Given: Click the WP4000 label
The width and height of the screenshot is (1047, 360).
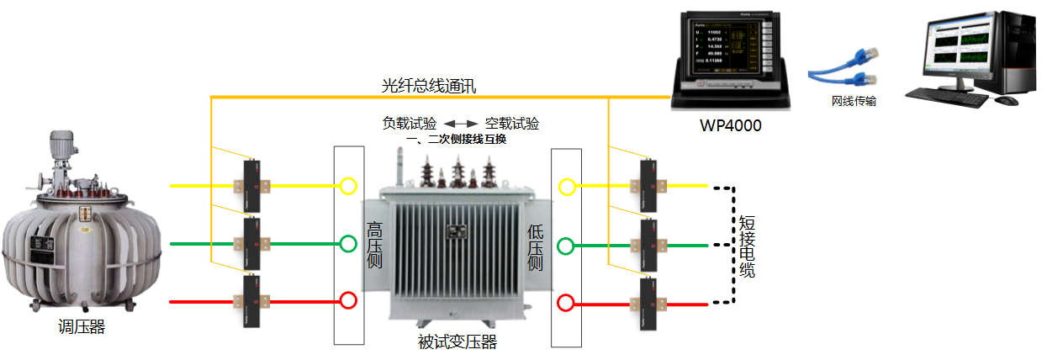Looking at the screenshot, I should pos(731,126).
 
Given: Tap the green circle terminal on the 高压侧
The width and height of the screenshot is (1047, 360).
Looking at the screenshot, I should pos(348,245).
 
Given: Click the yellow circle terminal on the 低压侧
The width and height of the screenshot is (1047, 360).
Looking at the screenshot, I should pos(567,187).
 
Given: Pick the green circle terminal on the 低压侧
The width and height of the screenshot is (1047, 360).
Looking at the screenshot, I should pos(566,246).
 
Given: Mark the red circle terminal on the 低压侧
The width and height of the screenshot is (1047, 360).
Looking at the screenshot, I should pos(566,302).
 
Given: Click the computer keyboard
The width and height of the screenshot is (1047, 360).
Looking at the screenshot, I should pos(948,97).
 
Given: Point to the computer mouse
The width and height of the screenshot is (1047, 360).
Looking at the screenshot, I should pos(1006,101).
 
